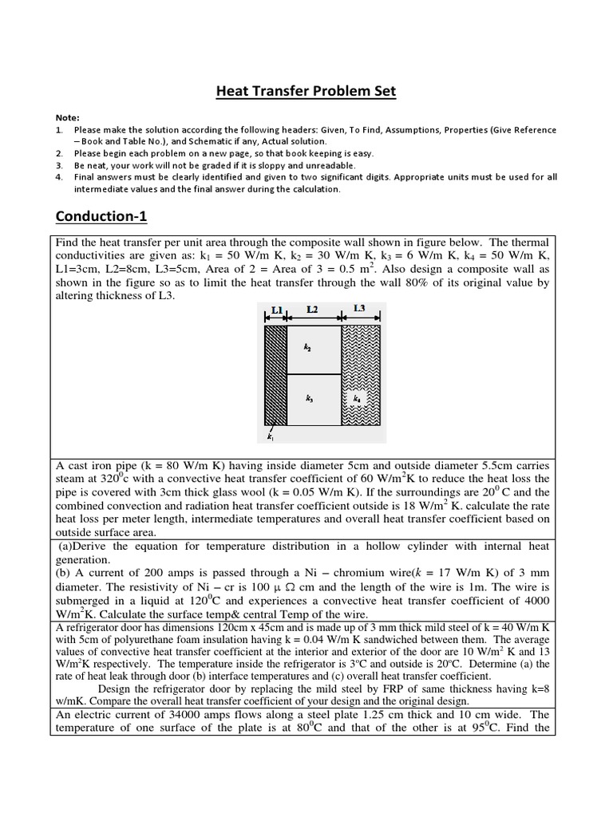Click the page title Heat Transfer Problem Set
(x=306, y=92)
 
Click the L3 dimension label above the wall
(x=359, y=308)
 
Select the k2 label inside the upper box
(x=307, y=348)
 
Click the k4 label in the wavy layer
(x=357, y=397)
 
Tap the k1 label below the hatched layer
(x=270, y=436)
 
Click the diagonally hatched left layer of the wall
(x=275, y=375)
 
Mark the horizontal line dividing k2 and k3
(x=314, y=374)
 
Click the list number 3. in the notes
(x=59, y=165)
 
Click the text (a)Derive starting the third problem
(x=87, y=546)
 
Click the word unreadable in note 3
(x=333, y=165)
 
